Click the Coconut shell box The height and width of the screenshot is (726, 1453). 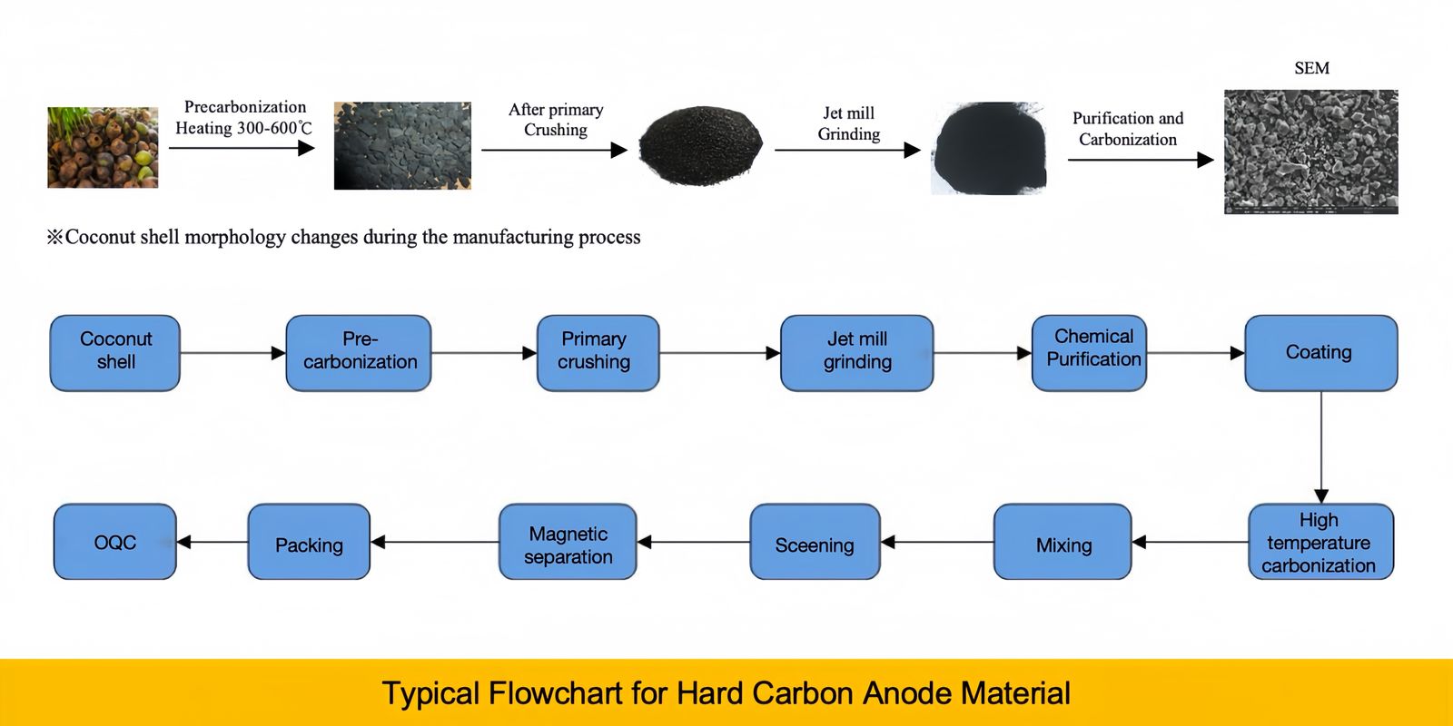(x=114, y=353)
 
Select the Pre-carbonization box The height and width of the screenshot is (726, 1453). (x=359, y=353)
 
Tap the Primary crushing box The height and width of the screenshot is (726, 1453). (x=598, y=353)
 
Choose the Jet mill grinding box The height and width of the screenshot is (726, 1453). (x=856, y=353)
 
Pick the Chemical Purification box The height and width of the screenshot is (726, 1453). (x=1089, y=353)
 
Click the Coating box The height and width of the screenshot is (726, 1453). (x=1320, y=353)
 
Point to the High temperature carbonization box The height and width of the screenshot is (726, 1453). (x=1320, y=542)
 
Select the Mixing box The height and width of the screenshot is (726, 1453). (x=1063, y=542)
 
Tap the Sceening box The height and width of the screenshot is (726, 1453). (x=815, y=542)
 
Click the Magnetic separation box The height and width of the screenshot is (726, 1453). (x=568, y=542)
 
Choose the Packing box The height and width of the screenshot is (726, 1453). (x=309, y=542)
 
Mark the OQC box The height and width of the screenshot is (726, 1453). (x=114, y=542)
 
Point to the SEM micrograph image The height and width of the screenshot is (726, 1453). (x=1310, y=152)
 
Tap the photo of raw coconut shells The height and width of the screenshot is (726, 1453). (x=103, y=148)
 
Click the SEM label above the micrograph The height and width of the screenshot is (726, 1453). (x=1311, y=68)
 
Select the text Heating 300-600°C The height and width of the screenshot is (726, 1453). (x=243, y=128)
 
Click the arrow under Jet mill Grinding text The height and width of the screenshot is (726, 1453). (x=846, y=151)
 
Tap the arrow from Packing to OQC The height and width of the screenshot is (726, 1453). (x=213, y=542)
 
